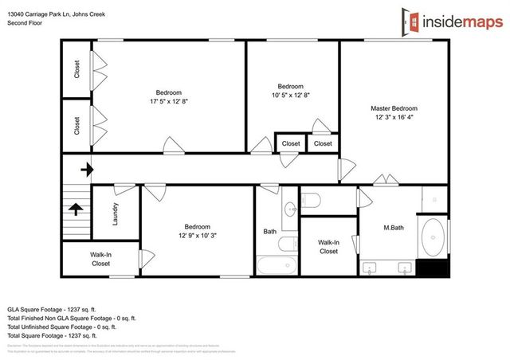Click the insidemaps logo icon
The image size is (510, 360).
(410, 22)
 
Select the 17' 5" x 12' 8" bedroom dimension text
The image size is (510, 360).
(168, 101)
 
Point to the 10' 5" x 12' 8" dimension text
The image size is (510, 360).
(290, 96)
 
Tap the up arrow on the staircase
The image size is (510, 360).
(76, 209)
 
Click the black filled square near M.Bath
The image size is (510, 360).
(435, 268)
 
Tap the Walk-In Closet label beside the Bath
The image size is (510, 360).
(328, 247)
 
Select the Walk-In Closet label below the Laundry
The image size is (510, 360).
(100, 258)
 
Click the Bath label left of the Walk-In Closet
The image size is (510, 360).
(270, 232)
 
